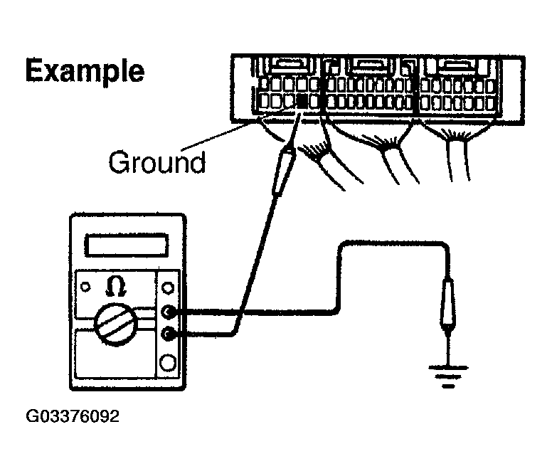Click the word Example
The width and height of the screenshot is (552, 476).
click(85, 72)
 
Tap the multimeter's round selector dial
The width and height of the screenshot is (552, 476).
click(115, 324)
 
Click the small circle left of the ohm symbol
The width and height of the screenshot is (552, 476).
click(85, 287)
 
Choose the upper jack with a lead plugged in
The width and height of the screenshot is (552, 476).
click(169, 311)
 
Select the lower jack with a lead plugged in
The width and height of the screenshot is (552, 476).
click(169, 333)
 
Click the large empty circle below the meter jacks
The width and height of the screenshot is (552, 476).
click(169, 363)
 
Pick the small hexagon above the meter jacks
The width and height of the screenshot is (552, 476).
click(169, 287)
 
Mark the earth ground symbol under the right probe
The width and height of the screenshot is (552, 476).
click(447, 374)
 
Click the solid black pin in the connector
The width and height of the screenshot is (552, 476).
click(302, 102)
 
